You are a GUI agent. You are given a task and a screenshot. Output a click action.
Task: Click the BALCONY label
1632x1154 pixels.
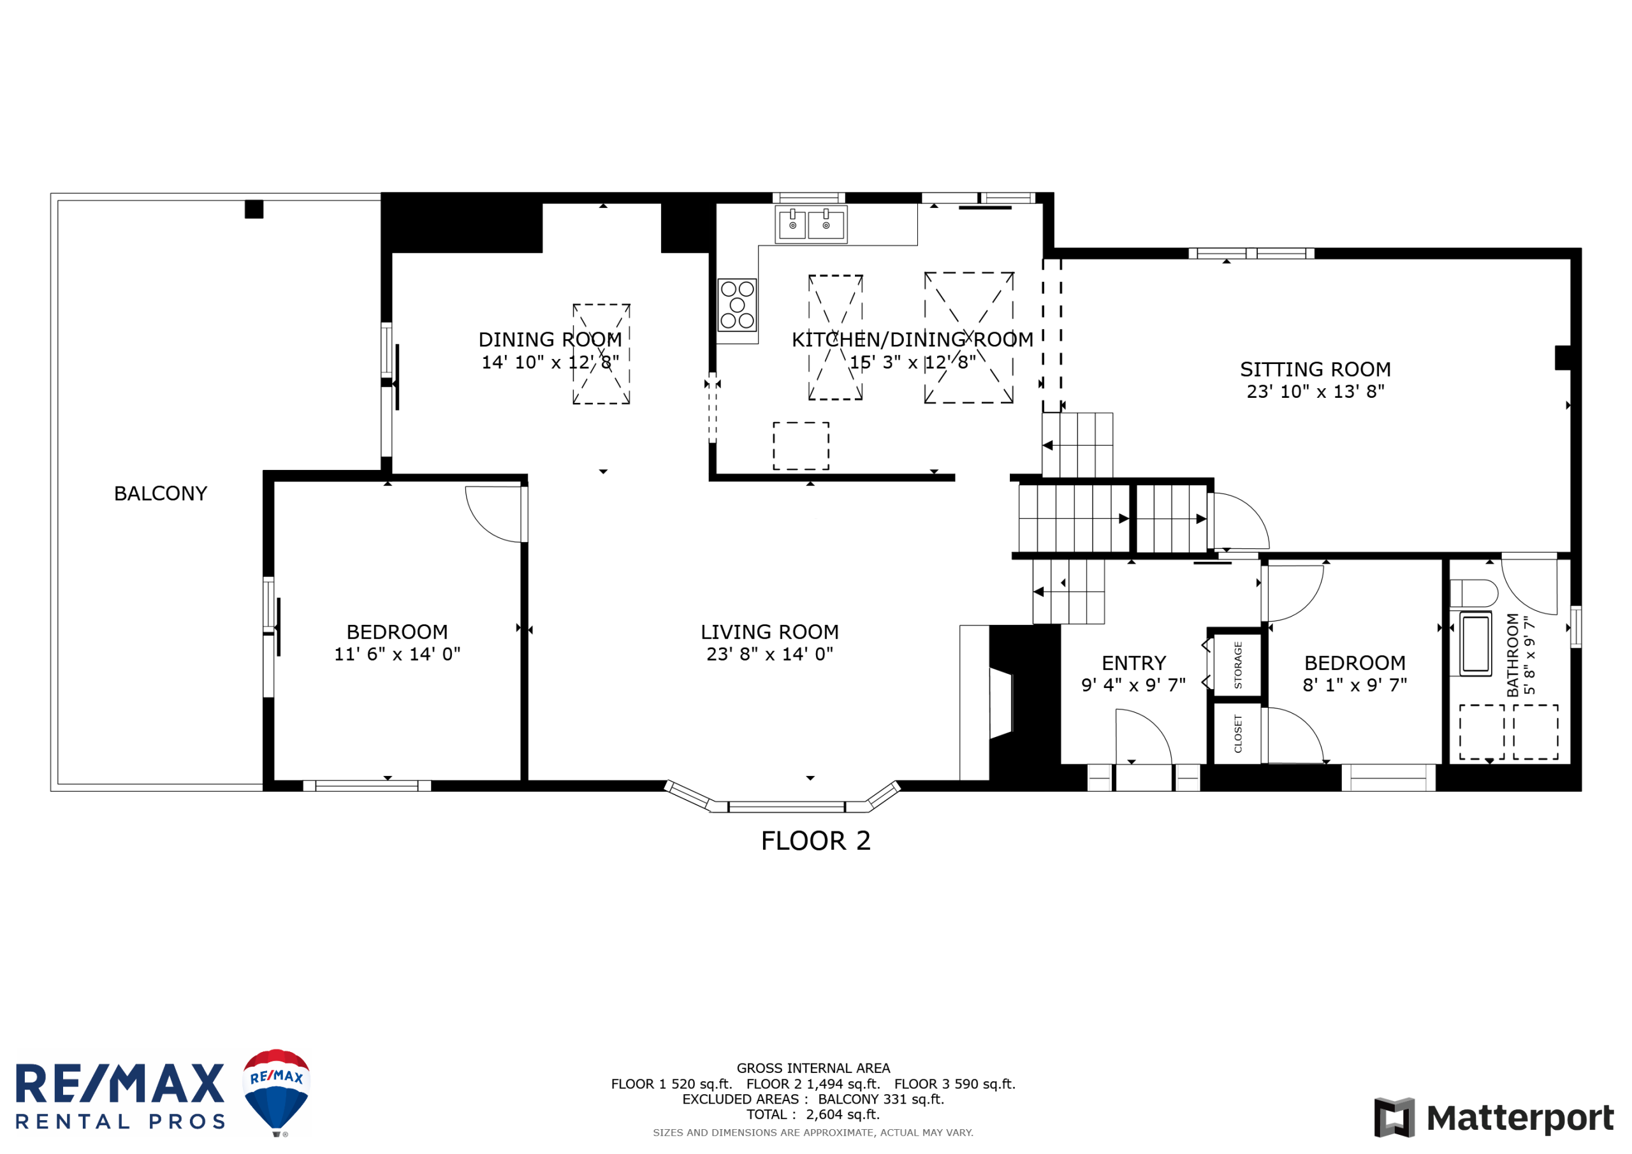point(161,493)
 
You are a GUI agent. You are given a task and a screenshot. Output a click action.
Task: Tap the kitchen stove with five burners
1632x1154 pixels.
point(737,305)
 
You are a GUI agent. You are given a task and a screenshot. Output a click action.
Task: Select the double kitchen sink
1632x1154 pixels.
point(810,224)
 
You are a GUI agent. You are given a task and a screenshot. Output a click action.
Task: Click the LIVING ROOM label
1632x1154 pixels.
point(770,632)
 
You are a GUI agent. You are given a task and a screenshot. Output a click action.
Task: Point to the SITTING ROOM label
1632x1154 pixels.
point(1316,370)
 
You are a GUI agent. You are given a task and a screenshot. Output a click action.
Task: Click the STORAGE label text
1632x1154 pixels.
point(1237,665)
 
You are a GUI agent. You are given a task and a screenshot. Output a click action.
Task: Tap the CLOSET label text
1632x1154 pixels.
point(1237,734)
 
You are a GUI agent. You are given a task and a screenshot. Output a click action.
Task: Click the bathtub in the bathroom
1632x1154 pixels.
point(1476,643)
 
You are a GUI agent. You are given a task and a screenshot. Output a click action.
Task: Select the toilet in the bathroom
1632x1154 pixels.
point(1473,593)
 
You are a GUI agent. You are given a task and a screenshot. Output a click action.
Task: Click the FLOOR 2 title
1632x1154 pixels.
point(816,841)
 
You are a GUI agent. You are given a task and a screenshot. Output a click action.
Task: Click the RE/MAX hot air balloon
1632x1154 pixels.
point(277,1092)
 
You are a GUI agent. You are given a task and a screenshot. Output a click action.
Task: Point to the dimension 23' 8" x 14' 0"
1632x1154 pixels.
point(770,654)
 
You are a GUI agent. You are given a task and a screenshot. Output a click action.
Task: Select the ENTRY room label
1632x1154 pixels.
point(1133,663)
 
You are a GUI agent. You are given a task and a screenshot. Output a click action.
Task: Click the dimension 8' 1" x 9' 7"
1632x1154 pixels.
point(1355,685)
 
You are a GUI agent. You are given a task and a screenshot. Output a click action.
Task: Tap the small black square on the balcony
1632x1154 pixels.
point(254,209)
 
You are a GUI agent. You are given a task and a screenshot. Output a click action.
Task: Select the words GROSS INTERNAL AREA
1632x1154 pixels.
point(813,1069)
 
